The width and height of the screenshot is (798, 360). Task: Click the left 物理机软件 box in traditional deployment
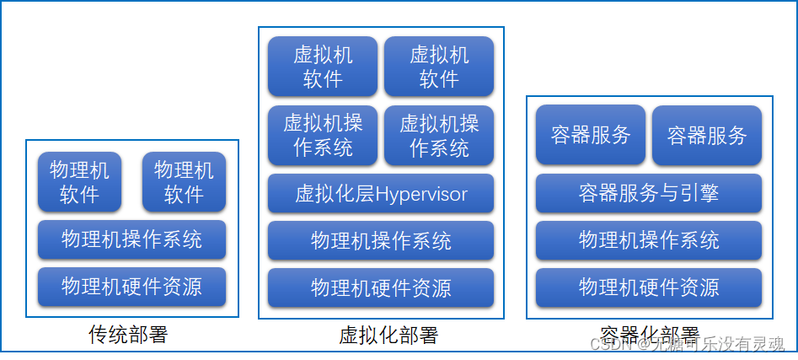pyautogui.click(x=79, y=182)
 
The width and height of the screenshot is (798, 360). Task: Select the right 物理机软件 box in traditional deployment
pyautogui.click(x=184, y=182)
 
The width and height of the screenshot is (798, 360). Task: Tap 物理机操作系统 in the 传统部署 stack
pyautogui.click(x=131, y=239)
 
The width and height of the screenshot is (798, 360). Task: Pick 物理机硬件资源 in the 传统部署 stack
pyautogui.click(x=131, y=287)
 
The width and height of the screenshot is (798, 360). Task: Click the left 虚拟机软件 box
pyautogui.click(x=323, y=67)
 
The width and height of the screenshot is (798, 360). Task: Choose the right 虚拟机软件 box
pyautogui.click(x=439, y=67)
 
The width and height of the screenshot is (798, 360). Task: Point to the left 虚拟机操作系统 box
pyautogui.click(x=323, y=136)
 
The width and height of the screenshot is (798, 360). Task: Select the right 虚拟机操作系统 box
pyautogui.click(x=439, y=136)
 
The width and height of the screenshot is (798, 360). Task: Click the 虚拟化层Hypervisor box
pyautogui.click(x=381, y=194)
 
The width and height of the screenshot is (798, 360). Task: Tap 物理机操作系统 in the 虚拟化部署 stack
pyautogui.click(x=381, y=241)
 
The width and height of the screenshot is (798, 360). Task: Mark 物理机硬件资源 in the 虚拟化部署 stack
pyautogui.click(x=381, y=287)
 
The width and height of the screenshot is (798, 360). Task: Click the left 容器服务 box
pyautogui.click(x=591, y=135)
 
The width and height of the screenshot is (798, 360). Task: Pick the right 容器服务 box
pyautogui.click(x=707, y=135)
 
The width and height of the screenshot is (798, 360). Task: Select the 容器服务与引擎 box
pyautogui.click(x=649, y=193)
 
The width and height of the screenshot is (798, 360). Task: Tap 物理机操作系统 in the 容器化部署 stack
pyautogui.click(x=649, y=240)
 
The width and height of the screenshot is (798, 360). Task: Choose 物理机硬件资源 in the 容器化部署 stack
pyautogui.click(x=649, y=287)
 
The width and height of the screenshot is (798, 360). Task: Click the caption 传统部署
pyautogui.click(x=128, y=335)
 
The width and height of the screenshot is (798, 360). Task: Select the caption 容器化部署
pyautogui.click(x=649, y=334)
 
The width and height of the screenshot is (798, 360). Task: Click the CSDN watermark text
pyautogui.click(x=687, y=344)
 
